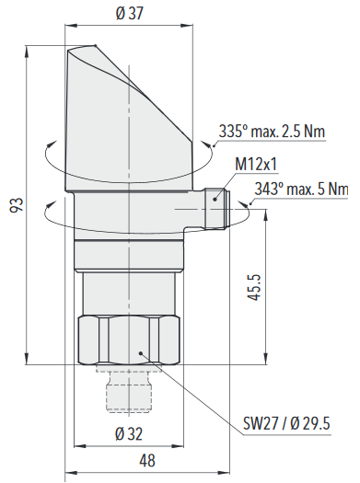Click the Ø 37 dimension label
[x=130, y=13]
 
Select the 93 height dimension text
[x=17, y=205]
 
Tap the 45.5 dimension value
[x=254, y=287]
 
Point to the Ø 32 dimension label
[x=129, y=433]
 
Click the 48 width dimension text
[x=147, y=461]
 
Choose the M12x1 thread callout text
[x=256, y=164]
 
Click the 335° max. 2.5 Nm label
[x=272, y=132]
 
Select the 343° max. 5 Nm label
[x=301, y=189]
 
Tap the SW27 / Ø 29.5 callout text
[x=286, y=423]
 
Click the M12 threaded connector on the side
[x=217, y=209]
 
